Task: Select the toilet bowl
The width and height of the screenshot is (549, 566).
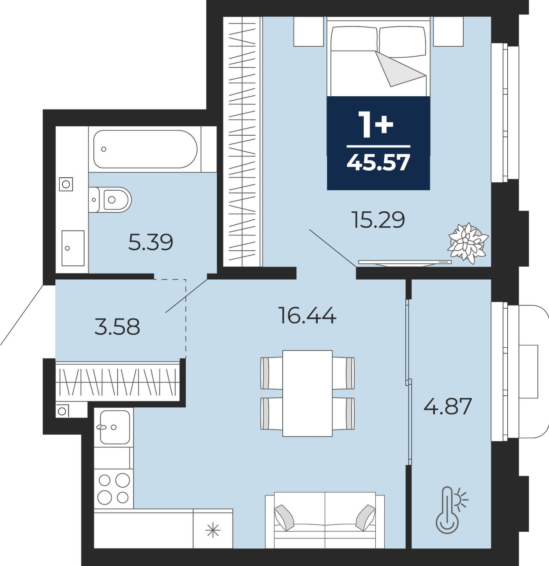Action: (110, 200)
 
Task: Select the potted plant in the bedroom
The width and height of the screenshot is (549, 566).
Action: (468, 243)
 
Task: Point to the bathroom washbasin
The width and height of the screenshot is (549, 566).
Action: (73, 248)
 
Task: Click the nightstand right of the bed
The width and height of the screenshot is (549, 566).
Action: (448, 32)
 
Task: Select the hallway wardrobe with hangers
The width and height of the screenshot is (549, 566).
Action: (117, 382)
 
